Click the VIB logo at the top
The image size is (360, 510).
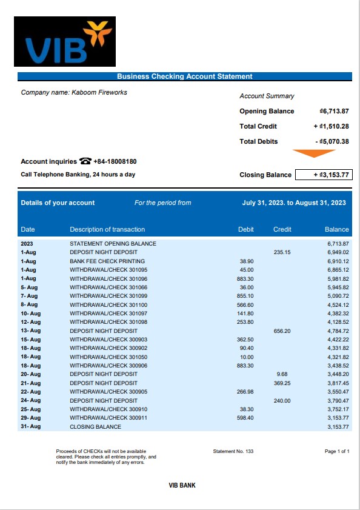[65, 41]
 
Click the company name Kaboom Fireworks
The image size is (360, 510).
[74, 93]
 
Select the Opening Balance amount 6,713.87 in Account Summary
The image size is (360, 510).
[334, 112]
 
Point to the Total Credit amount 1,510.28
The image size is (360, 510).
[331, 127]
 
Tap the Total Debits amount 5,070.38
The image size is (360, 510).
[332, 142]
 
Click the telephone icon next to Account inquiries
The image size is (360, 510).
[85, 162]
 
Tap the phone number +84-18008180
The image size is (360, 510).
[115, 162]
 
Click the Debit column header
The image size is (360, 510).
[245, 229]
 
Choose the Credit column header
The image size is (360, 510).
[282, 229]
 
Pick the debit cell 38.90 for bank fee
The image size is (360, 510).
[247, 261]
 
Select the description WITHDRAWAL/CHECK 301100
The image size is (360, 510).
[108, 304]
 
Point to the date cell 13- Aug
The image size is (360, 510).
[30, 331]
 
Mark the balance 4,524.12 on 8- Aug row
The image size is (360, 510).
[338, 304]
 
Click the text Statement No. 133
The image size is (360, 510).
[233, 452]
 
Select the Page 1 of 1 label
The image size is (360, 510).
[338, 452]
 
